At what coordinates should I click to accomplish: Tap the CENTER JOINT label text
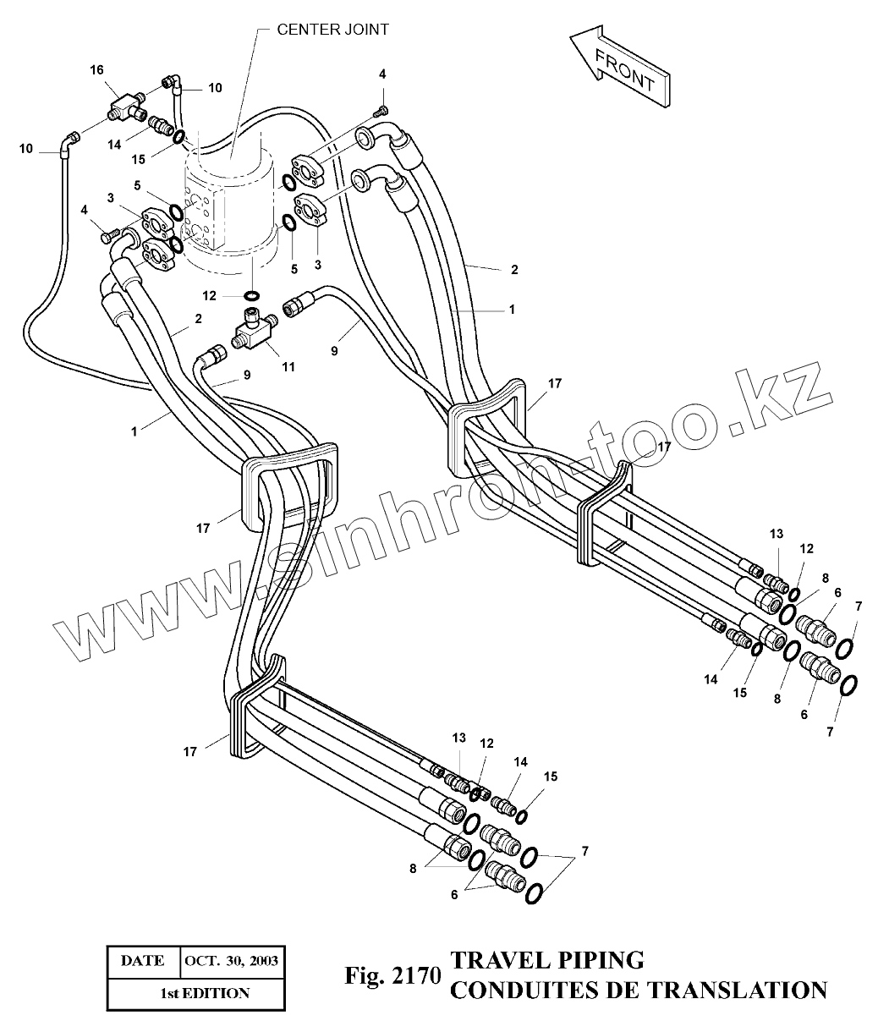point(333,29)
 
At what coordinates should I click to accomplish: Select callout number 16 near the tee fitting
point(96,69)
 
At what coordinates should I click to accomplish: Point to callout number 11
point(288,366)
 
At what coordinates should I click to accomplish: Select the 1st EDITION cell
point(206,992)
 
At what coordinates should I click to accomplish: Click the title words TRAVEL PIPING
point(548,960)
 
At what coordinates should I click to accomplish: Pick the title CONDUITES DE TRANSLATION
point(638,989)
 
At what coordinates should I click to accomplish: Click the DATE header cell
point(143,961)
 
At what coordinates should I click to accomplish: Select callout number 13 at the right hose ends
point(776,534)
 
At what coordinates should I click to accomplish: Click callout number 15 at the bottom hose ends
point(551,776)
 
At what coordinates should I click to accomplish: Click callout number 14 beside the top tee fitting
point(114,145)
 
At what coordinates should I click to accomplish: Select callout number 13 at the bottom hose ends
point(458,738)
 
